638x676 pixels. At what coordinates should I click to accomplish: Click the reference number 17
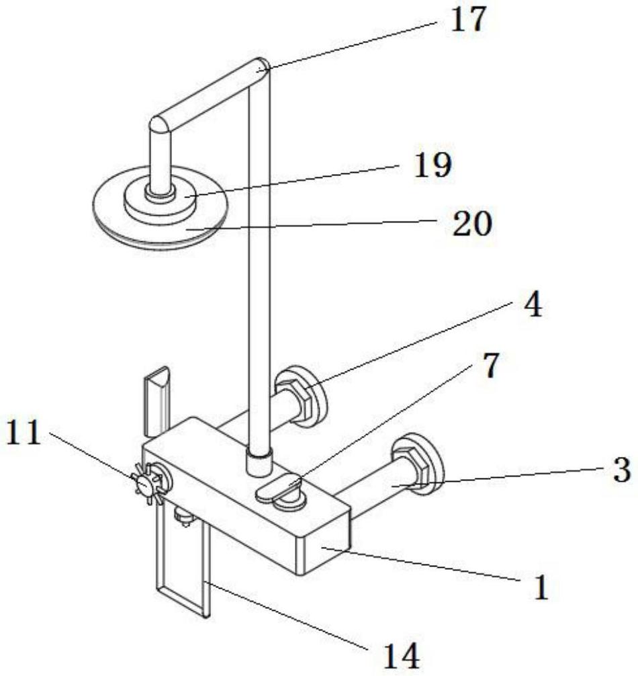(x=467, y=19)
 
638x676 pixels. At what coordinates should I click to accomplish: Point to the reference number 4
(x=531, y=306)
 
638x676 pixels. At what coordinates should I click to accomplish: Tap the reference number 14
(x=402, y=654)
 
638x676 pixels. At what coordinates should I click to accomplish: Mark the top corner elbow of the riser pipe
(x=261, y=67)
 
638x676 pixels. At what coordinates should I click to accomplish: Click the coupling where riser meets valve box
(x=258, y=463)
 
